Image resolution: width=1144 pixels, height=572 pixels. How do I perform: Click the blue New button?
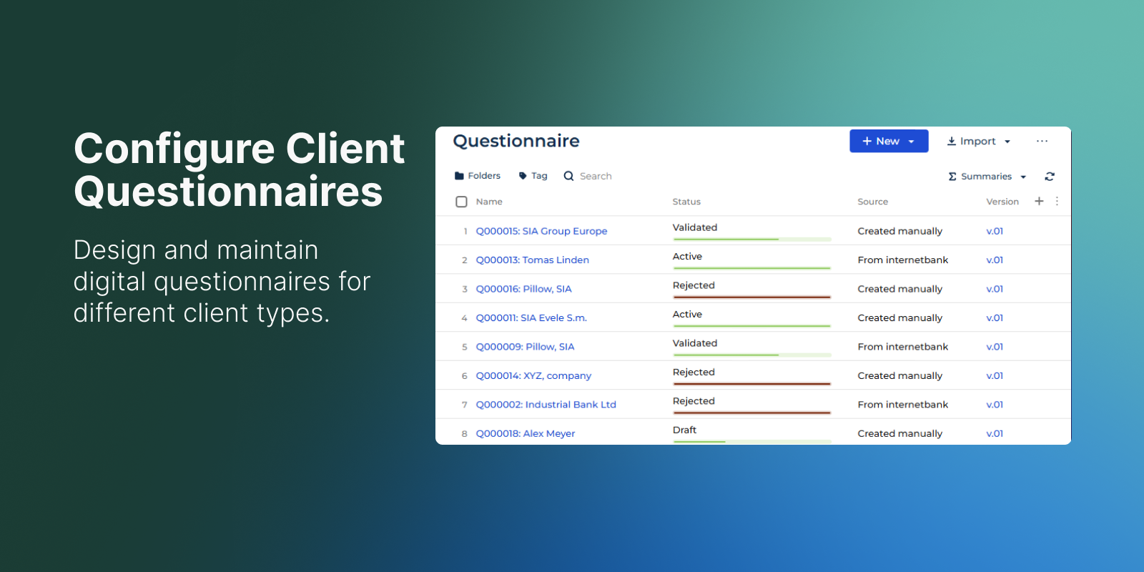(889, 141)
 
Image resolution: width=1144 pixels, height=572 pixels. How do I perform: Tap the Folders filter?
(478, 176)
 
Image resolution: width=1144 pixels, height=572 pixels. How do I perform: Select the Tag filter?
(533, 176)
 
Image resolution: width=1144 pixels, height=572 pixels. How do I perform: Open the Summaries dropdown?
(987, 176)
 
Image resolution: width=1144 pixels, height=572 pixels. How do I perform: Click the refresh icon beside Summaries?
(1050, 176)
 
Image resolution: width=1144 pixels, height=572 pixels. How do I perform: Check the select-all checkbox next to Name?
(461, 202)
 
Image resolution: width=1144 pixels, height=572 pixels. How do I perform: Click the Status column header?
(686, 202)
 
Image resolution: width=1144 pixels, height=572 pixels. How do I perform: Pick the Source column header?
(873, 202)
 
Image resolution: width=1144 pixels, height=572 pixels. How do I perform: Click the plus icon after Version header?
(1039, 201)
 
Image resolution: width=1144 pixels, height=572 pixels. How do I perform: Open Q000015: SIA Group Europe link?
(541, 231)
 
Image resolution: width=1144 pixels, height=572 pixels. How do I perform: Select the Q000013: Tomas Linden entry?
(532, 260)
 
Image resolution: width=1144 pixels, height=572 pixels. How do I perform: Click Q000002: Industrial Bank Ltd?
(546, 405)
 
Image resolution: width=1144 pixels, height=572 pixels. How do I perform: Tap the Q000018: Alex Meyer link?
(526, 433)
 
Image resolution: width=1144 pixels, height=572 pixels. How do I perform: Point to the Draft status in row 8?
(684, 430)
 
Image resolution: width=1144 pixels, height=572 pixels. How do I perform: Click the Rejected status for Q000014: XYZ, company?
(694, 373)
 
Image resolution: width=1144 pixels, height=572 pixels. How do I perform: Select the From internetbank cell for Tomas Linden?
(903, 260)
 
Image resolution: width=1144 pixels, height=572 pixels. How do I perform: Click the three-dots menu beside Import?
(1042, 141)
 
